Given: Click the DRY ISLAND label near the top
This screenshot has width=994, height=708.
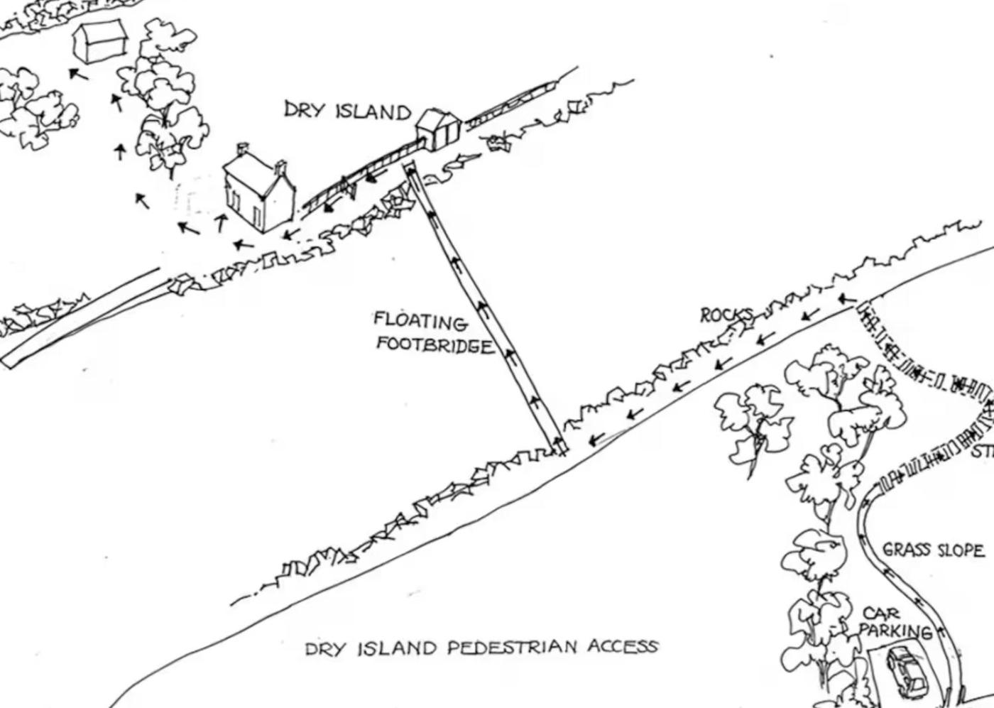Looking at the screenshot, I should [x=347, y=111].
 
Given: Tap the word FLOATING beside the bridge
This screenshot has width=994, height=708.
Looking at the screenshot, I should [x=420, y=322].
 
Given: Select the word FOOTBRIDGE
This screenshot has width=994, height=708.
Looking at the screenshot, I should [x=434, y=345].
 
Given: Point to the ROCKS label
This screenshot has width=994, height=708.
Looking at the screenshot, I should [x=726, y=315].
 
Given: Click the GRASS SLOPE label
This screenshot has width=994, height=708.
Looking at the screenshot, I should [x=933, y=550].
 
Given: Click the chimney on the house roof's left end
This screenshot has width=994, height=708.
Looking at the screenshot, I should [x=243, y=150].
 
